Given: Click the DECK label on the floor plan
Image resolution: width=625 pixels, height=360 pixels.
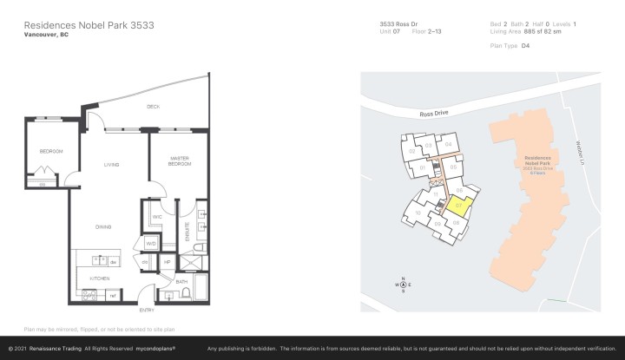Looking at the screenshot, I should coord(153,108).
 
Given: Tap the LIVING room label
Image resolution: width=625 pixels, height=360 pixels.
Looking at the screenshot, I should coord(111,163).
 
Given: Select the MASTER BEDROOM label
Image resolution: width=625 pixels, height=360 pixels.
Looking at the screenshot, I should coord(180,161).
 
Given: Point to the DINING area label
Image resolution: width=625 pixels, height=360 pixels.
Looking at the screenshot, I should coord(103,226).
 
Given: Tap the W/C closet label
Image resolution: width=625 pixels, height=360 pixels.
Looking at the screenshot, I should coord(158,217).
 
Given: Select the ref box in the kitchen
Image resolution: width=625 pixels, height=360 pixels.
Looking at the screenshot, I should coord(113,296).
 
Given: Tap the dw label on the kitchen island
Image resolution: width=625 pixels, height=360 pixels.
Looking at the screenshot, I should coord(113,260).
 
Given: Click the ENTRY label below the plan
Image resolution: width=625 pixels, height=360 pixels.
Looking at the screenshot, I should coord(148,310).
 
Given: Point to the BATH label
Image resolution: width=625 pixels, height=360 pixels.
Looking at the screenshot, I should coord(182,281).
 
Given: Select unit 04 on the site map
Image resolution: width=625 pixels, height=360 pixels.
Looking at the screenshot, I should coord(448,144).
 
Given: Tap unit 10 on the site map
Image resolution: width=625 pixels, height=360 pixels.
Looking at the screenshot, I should coord(418,212).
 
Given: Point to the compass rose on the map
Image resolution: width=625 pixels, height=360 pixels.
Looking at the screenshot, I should coord(402,284).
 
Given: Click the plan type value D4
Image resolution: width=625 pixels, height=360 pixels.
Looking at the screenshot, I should coord(525,45).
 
